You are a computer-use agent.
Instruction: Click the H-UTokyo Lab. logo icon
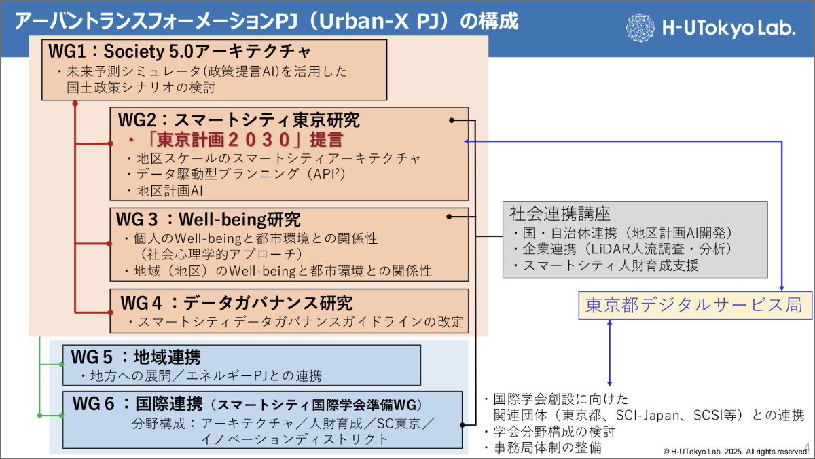click(x=640, y=27)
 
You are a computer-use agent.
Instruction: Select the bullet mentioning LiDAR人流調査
click(x=625, y=249)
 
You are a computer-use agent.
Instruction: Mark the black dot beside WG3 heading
click(x=450, y=217)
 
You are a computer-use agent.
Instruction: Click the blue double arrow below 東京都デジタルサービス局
click(x=609, y=354)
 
